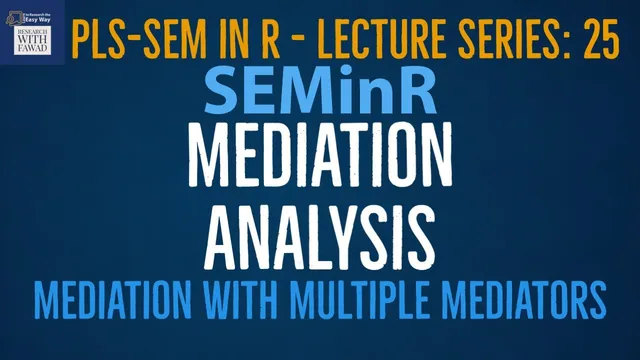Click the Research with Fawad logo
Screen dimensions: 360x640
coord(33,33)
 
